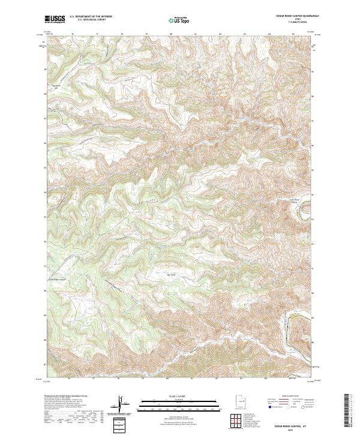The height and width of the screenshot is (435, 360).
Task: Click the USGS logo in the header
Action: click(x=55, y=19)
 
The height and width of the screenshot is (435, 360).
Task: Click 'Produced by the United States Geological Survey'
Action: click(x=70, y=397)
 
